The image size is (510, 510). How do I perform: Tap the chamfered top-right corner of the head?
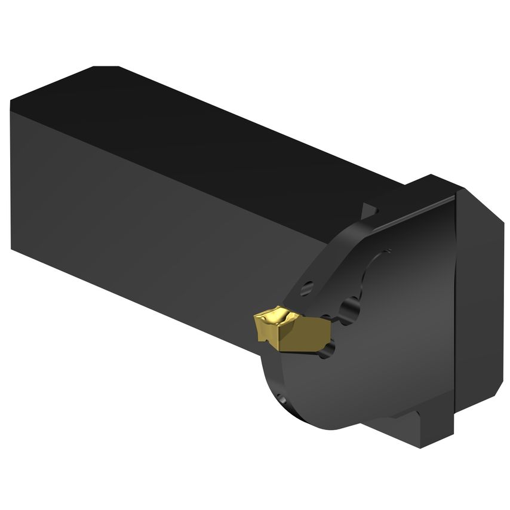click(x=478, y=197)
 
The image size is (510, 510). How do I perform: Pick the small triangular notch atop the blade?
click(x=369, y=211)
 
